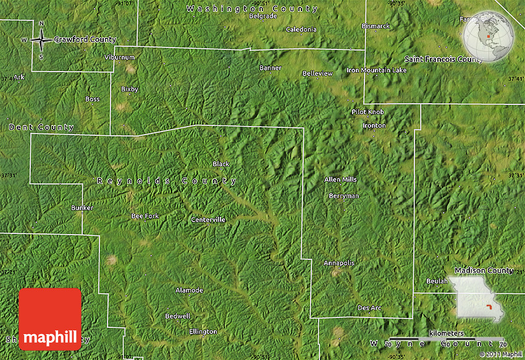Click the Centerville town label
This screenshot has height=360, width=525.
point(208,219)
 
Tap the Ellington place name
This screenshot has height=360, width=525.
point(203,332)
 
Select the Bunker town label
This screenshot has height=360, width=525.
point(82,207)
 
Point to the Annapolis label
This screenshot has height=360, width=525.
point(339,263)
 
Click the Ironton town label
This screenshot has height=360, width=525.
point(374,125)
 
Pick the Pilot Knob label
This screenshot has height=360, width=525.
point(367,112)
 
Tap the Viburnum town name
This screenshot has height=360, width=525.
point(119,57)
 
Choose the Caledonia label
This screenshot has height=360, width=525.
point(301,29)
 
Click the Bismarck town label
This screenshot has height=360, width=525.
point(376,26)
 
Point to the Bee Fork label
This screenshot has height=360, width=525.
point(145,216)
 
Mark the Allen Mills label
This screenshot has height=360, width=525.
point(340,179)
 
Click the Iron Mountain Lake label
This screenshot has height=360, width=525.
point(377,70)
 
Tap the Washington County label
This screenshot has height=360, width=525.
point(252,9)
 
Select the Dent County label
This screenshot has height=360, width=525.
point(41,127)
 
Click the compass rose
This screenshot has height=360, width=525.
point(41,40)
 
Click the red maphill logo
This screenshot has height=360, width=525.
point(50,319)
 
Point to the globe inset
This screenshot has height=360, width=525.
point(489,36)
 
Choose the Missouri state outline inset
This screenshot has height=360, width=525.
point(479,299)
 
